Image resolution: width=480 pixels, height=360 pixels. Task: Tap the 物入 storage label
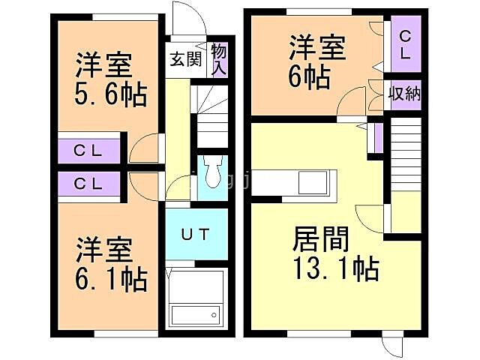(x=218, y=59)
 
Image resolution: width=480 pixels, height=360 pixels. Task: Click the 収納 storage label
(x=403, y=94)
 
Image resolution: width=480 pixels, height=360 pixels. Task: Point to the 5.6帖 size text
(x=109, y=95)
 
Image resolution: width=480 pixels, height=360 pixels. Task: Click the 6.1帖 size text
(x=110, y=279)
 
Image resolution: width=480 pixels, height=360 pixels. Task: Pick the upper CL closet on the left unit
(x=88, y=149)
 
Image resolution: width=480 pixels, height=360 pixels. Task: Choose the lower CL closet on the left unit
(x=88, y=183)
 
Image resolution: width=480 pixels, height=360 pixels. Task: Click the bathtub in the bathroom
(x=196, y=313)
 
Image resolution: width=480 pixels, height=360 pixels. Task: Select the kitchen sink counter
(x=308, y=183)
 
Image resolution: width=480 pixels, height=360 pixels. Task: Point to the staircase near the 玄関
(x=211, y=116)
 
